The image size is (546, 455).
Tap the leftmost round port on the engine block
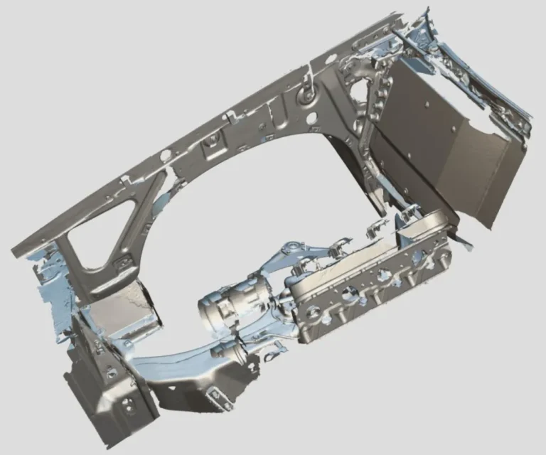tap(314, 312)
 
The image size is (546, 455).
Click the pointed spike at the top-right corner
tap(428, 13)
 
